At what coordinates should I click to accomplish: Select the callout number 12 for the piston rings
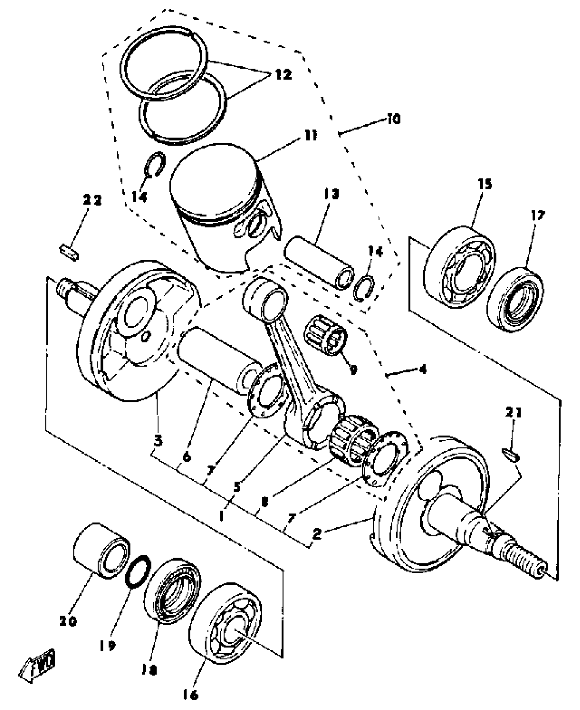click(x=281, y=74)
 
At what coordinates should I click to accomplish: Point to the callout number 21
click(x=514, y=414)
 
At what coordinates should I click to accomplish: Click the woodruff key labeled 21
click(x=511, y=455)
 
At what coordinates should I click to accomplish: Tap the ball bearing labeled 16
click(x=225, y=621)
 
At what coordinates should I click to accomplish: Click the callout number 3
click(x=158, y=442)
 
